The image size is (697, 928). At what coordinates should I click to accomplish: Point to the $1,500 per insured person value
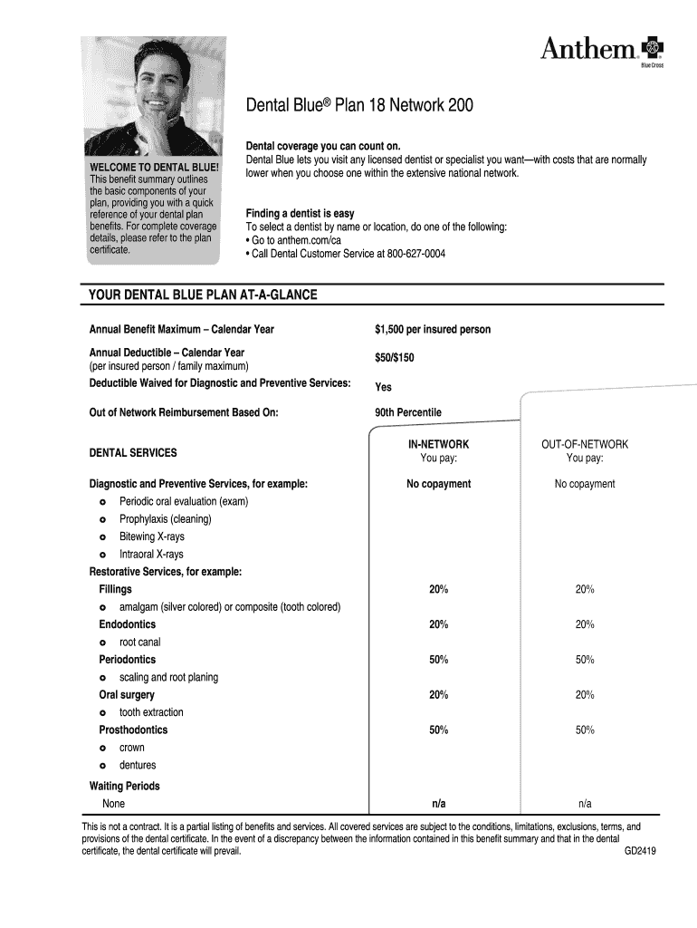433,330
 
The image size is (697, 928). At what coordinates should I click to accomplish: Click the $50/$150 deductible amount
395,358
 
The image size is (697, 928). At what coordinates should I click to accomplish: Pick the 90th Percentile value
408,412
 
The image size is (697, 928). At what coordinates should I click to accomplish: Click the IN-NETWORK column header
438,445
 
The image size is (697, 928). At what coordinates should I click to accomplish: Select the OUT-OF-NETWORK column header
584,445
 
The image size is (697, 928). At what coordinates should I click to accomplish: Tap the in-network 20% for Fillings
438,590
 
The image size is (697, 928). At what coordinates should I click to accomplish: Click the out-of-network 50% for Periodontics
585,660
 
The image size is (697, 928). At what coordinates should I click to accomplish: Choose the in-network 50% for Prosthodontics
438,730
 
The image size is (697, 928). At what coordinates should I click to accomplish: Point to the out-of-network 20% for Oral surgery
585,695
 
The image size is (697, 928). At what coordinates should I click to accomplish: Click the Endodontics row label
127,625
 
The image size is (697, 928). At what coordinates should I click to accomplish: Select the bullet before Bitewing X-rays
103,537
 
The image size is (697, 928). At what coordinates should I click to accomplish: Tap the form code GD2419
640,853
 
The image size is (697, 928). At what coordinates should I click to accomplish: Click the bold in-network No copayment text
438,484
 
